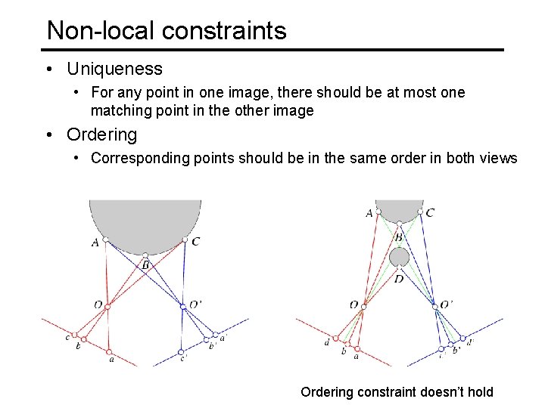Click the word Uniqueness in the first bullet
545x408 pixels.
(114, 69)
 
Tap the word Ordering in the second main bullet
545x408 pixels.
(101, 134)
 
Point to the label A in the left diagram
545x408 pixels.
(95, 243)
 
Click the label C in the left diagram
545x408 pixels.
(196, 242)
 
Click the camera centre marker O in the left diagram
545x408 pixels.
(107, 307)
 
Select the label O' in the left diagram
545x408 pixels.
(195, 304)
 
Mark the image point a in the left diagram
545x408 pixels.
(110, 351)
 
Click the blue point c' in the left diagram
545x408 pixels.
(181, 351)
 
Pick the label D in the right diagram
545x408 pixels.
(399, 279)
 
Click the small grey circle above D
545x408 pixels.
(399, 258)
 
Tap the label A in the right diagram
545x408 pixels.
(369, 213)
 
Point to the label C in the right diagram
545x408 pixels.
(430, 213)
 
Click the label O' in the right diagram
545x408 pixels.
(447, 304)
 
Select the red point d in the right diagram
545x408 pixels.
(335, 338)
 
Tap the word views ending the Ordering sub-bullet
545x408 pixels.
(500, 158)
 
